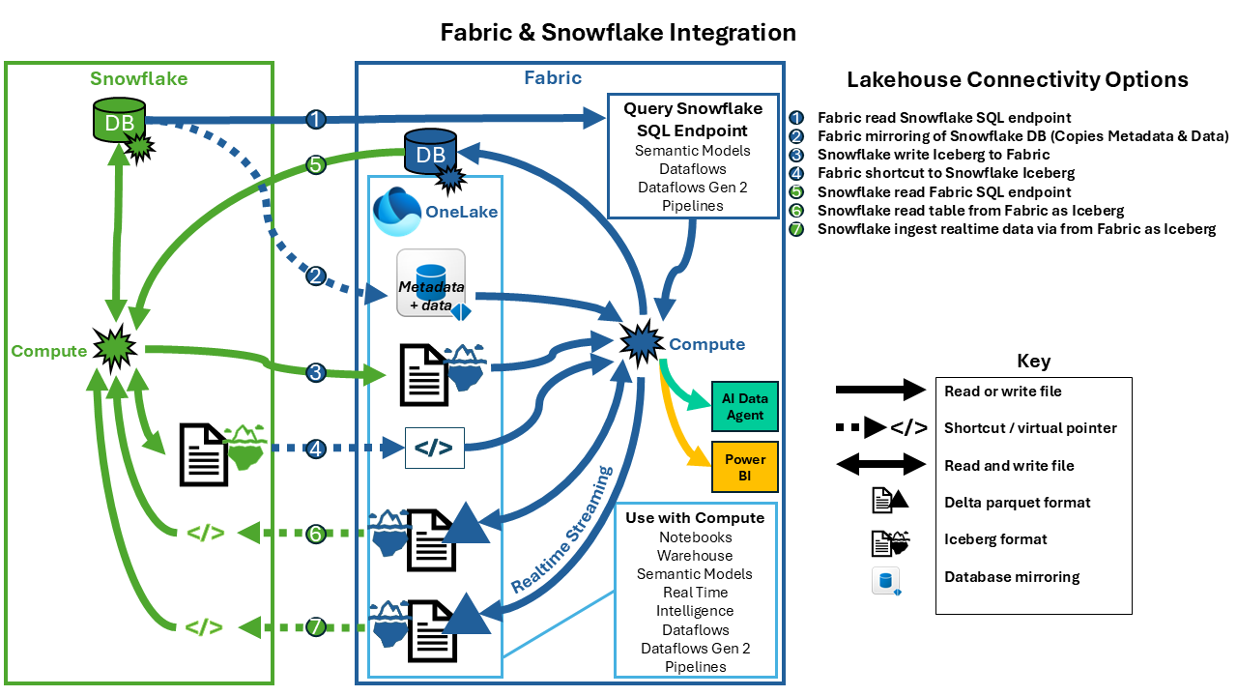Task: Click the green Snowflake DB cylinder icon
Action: pos(115,120)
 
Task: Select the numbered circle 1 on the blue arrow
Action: pos(316,119)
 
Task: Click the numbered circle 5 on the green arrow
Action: pos(315,164)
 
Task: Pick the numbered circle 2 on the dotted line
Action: pos(316,275)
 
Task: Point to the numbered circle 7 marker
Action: pos(316,626)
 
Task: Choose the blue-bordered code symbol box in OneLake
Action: pos(435,449)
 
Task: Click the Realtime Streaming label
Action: pos(562,530)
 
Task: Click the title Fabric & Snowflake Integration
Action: pos(618,32)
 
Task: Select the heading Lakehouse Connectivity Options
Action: pos(1018,80)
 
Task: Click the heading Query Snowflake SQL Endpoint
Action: pos(693,119)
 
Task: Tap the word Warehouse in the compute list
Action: pos(695,556)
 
